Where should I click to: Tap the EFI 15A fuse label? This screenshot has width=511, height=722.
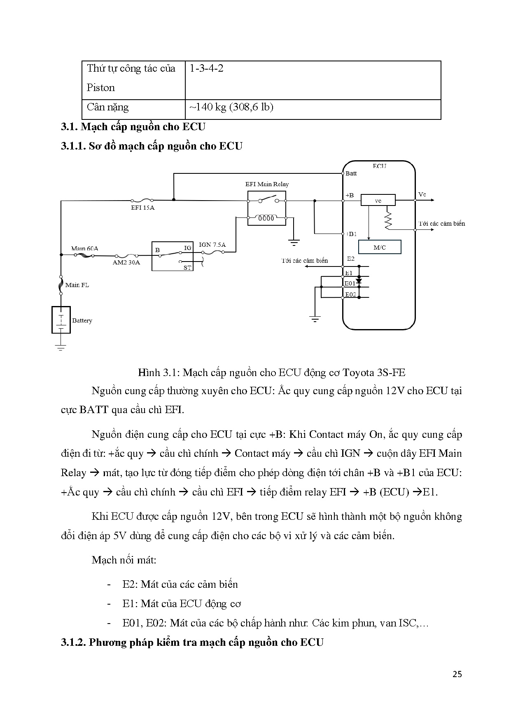pos(142,208)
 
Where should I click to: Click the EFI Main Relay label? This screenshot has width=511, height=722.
pos(267,184)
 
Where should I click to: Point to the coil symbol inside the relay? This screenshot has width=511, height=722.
pos(266,218)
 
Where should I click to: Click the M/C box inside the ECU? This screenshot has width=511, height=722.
pos(379,248)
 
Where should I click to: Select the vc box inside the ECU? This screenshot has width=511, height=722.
pos(378,201)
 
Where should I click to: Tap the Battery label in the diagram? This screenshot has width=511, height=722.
pos(82,320)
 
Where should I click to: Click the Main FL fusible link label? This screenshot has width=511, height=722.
pos(77,285)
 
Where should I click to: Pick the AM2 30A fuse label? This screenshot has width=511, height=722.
pos(126,262)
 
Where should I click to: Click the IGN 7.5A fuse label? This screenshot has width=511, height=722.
pos(212,245)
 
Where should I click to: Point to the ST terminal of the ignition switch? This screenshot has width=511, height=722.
pos(187,267)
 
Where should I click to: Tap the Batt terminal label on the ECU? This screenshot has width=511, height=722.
pos(351,173)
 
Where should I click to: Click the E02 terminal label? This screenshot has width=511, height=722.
pos(350,294)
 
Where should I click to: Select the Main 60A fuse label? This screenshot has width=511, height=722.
pos(84,248)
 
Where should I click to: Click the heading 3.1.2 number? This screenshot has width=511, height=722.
pos(73,643)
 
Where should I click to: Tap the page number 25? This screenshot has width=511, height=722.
pos(457,674)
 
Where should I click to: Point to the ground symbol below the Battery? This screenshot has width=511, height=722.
pos(61,347)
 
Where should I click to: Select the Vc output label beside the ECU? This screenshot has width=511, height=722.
pos(422,194)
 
